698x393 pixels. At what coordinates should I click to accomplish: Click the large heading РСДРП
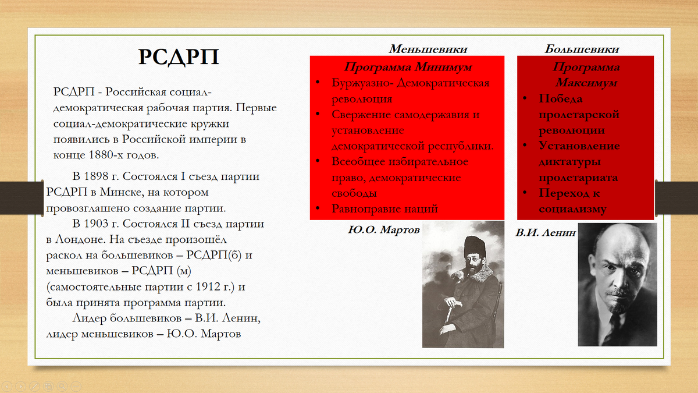point(179,58)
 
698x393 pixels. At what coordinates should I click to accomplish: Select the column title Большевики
point(582,49)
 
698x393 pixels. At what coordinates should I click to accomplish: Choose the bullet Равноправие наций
point(384,208)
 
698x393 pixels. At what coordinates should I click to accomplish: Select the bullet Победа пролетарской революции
point(579,114)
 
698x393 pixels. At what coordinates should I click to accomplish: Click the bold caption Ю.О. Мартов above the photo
point(383,230)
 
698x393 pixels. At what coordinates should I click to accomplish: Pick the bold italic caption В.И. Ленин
point(545,232)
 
